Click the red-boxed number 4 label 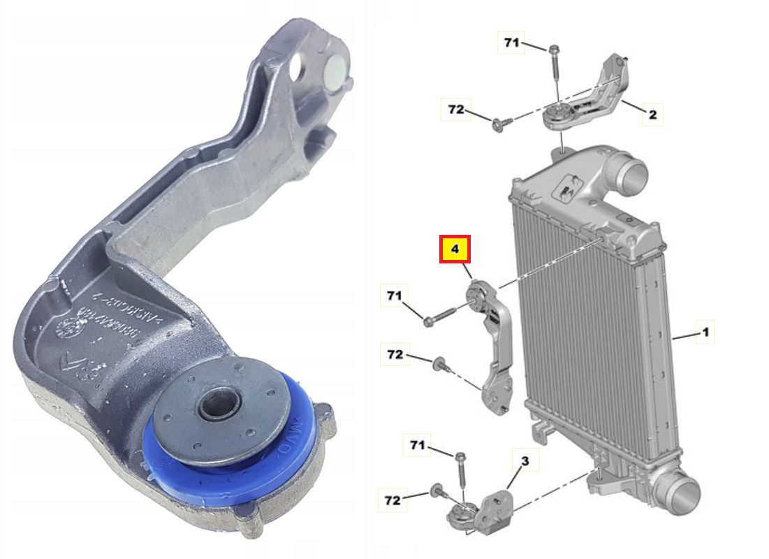(455, 249)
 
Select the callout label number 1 (705, 333)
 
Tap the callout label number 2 (652, 114)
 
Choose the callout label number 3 (525, 460)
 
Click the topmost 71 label (512, 43)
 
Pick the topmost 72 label (455, 110)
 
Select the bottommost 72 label (392, 500)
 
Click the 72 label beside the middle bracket (395, 355)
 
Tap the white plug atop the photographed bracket (337, 72)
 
